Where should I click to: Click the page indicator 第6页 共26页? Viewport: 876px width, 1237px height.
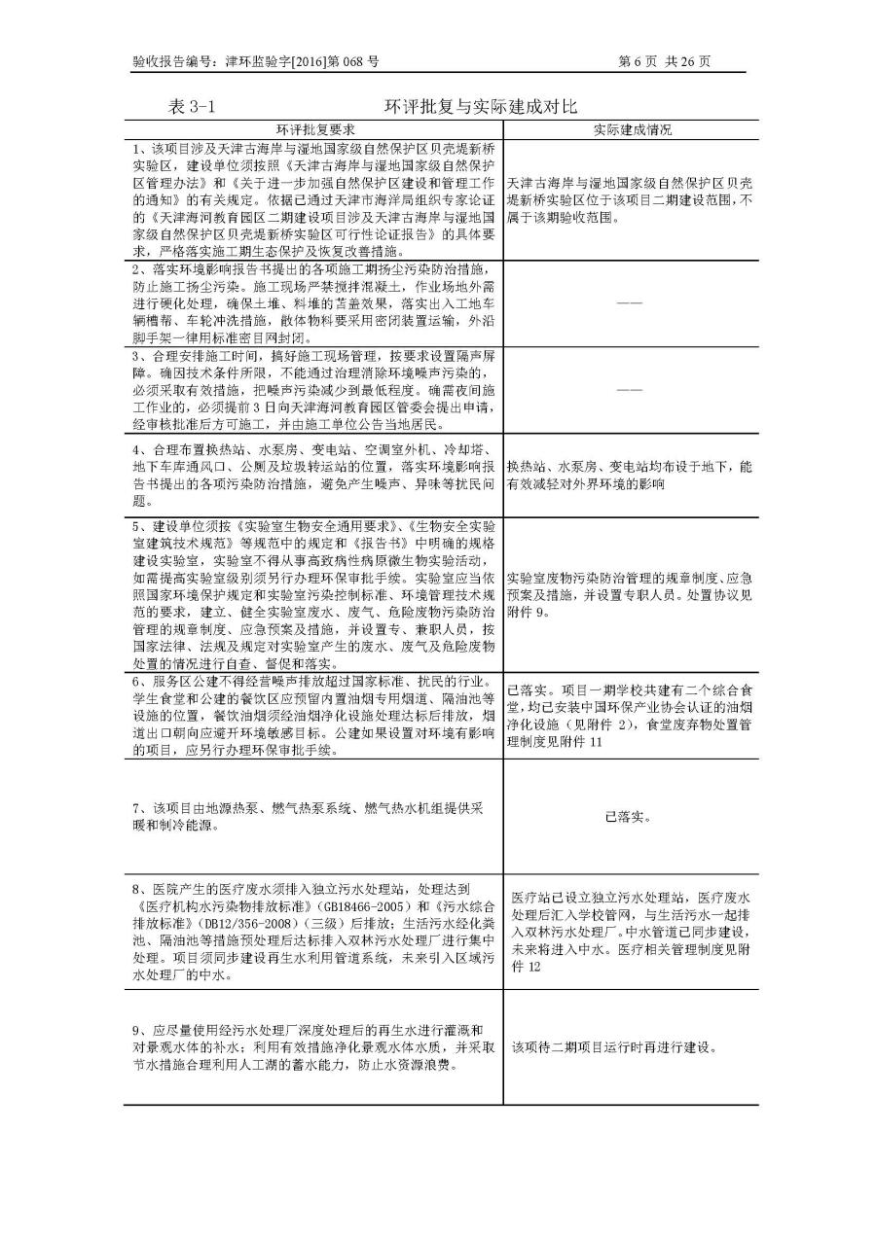[665, 61]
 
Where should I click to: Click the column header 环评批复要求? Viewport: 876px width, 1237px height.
[313, 129]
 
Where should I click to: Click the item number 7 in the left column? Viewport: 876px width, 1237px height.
[137, 809]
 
